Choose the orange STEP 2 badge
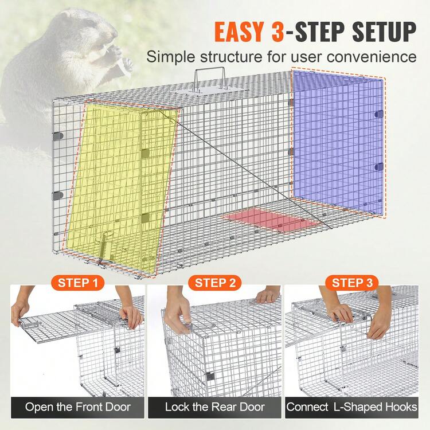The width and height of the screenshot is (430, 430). (215, 283)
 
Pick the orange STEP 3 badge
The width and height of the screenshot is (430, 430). (352, 283)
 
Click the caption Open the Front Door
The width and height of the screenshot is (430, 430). (77, 408)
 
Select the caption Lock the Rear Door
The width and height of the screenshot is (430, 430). (215, 408)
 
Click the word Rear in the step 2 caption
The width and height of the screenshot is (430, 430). (229, 408)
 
